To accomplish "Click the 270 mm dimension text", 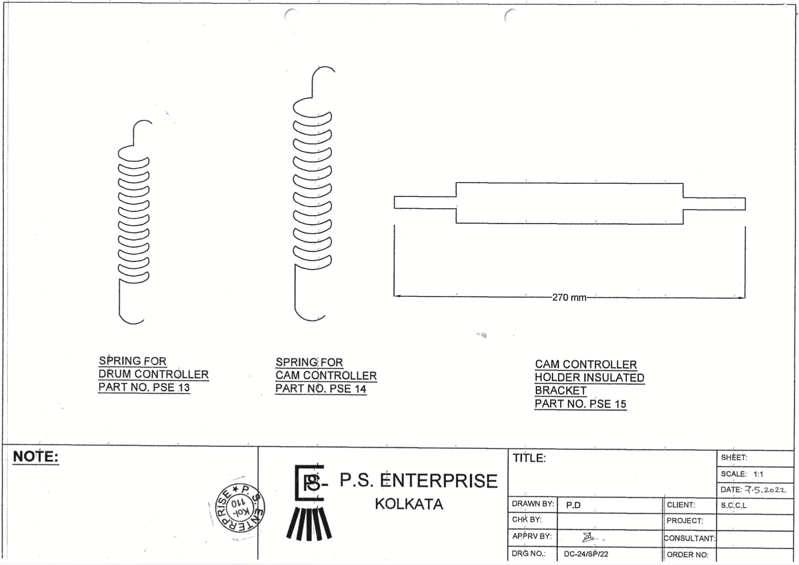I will (x=569, y=298).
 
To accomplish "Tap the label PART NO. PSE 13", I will (x=144, y=388).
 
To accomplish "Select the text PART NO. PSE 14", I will (x=320, y=389).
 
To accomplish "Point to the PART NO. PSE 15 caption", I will (x=580, y=404).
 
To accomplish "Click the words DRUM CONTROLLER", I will (x=153, y=374).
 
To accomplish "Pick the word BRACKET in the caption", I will (x=561, y=391).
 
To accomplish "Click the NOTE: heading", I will (x=35, y=457).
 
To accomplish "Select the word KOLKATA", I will (x=409, y=504).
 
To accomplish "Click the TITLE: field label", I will (x=529, y=459).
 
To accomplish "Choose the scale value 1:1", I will (x=758, y=474).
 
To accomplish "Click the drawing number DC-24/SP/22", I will (x=586, y=554).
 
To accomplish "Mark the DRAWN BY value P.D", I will (x=573, y=505).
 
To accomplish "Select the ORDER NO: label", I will (x=687, y=555).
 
